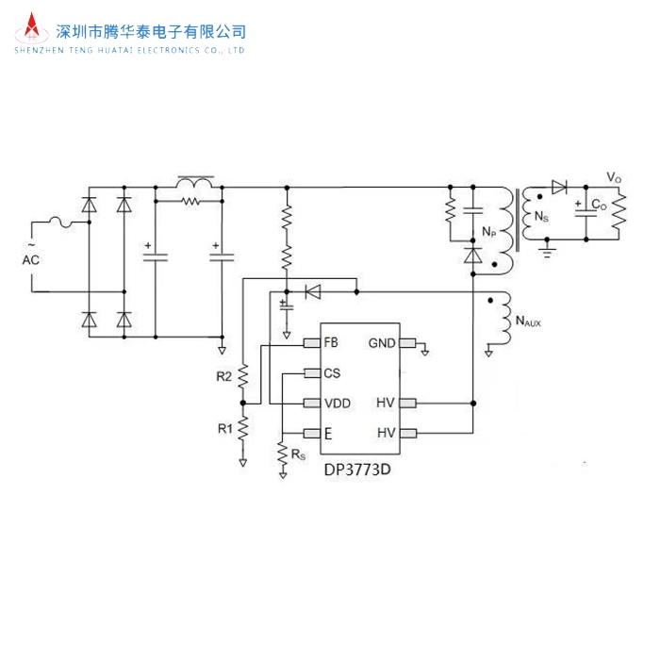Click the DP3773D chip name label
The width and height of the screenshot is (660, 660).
359,466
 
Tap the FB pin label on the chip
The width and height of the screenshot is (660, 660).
330,342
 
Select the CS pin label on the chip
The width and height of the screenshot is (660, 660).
331,372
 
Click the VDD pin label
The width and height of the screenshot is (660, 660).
337,404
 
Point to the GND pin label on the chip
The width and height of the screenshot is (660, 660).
383,342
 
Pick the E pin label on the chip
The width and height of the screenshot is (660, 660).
327,434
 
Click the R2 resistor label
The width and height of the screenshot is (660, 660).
223,376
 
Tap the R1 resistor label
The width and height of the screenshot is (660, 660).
224,428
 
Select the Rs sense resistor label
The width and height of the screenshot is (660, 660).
299,454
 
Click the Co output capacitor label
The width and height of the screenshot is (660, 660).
599,206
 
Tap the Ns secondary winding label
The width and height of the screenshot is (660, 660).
541,218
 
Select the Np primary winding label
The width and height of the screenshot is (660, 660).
488,231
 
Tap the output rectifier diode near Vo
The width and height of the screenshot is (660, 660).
559,186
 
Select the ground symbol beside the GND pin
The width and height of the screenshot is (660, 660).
424,351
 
